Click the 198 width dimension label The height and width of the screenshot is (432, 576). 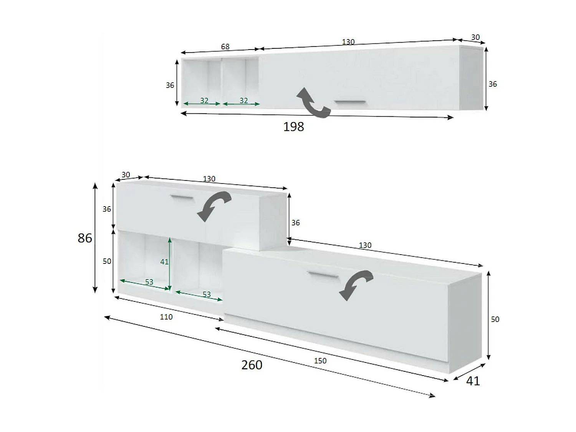pyautogui.click(x=293, y=126)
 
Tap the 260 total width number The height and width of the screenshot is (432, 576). pyautogui.click(x=252, y=364)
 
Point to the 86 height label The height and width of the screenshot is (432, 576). pyautogui.click(x=84, y=238)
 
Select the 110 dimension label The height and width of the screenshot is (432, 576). pyautogui.click(x=166, y=317)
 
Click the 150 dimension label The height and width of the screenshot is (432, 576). pyautogui.click(x=320, y=361)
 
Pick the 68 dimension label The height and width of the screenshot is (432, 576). pyautogui.click(x=225, y=46)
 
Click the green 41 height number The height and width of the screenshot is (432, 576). pyautogui.click(x=164, y=262)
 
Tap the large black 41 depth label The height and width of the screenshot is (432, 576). pyautogui.click(x=473, y=381)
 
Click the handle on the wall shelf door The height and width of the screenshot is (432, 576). pyautogui.click(x=350, y=102)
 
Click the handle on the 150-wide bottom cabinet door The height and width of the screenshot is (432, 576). pyautogui.click(x=323, y=275)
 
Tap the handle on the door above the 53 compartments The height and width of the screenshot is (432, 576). pyautogui.click(x=182, y=198)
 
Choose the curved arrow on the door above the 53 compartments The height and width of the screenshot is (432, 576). pyautogui.click(x=214, y=205)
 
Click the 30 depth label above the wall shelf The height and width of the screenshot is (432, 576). pyautogui.click(x=475, y=37)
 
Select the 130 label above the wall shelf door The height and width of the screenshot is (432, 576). pyautogui.click(x=348, y=41)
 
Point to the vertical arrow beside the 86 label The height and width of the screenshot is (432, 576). pyautogui.click(x=95, y=238)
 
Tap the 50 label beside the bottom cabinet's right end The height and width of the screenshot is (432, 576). pyautogui.click(x=495, y=319)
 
